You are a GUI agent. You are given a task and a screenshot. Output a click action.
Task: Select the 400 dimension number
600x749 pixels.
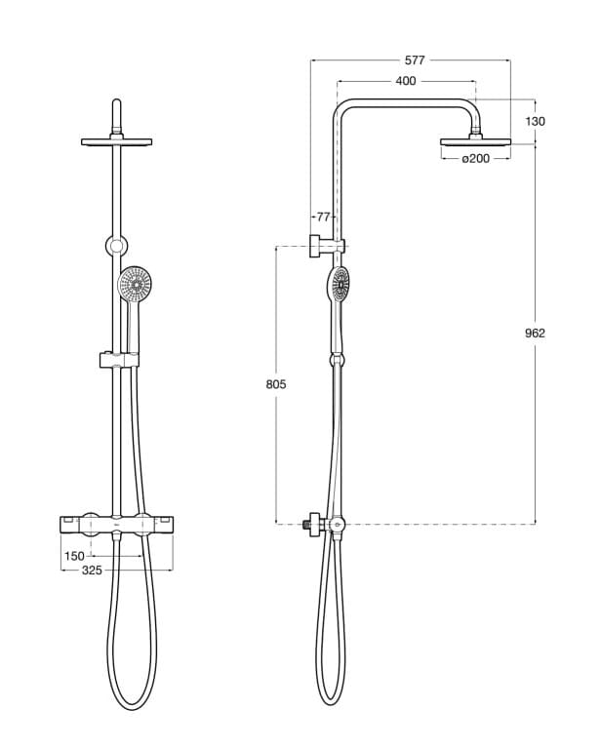pos(406,81)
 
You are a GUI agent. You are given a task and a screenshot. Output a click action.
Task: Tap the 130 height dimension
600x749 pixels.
pos(535,121)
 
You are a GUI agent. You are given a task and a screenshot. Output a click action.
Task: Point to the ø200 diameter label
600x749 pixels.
pos(476,159)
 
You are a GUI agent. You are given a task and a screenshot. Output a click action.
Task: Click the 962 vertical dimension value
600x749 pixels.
pos(535,333)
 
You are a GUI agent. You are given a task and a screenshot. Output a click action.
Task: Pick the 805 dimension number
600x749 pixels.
pos(276,384)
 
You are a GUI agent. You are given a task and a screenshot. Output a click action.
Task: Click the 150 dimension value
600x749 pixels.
pos(74,556)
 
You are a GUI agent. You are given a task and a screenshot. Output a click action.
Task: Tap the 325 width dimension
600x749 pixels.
pos(91,571)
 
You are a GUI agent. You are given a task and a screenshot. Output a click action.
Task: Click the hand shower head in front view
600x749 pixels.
pos(135,285)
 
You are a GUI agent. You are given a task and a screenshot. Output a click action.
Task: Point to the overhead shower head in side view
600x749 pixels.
pos(475,142)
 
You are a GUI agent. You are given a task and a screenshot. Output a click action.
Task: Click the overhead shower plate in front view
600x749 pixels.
pos(116,142)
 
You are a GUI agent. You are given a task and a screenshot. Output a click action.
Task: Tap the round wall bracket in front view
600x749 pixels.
pos(116,245)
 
